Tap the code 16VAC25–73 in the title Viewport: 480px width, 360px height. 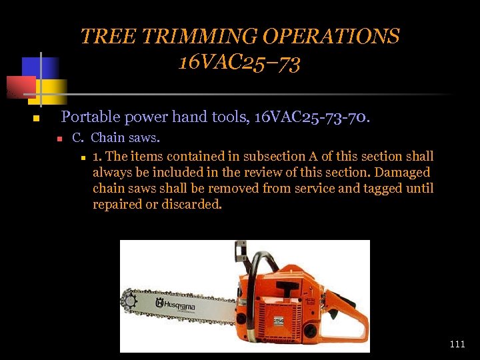coord(239,63)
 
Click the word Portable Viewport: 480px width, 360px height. coord(91,117)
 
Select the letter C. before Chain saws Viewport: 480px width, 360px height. coord(78,138)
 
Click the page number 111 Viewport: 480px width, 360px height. coord(457,344)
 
